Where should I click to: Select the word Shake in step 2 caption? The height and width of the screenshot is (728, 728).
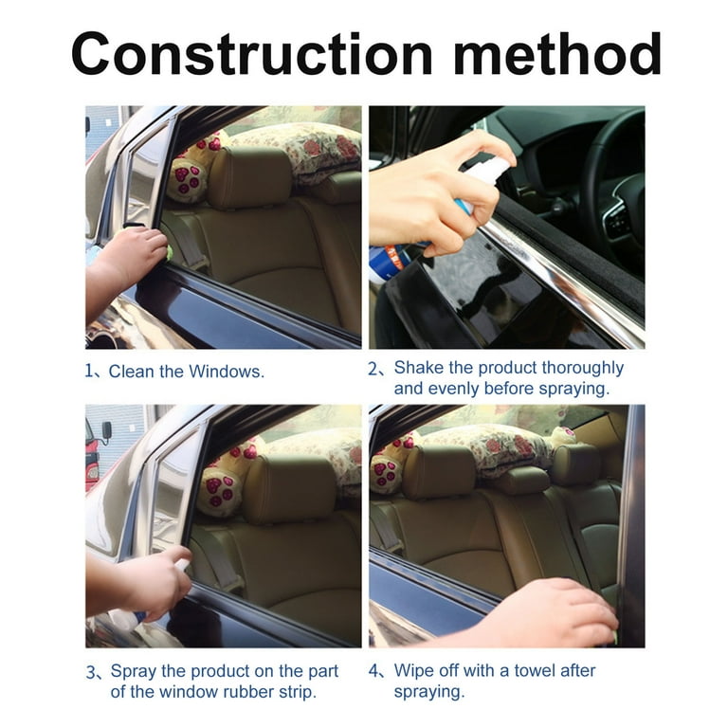click(x=418, y=367)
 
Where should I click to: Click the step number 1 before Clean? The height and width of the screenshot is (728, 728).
click(x=90, y=372)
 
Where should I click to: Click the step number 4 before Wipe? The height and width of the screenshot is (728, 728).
click(x=374, y=670)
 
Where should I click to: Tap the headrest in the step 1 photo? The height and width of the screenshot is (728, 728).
click(x=248, y=177)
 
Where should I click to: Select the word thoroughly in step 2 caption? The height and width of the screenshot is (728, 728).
click(x=573, y=367)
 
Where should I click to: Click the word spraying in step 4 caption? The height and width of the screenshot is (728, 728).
click(x=428, y=692)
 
